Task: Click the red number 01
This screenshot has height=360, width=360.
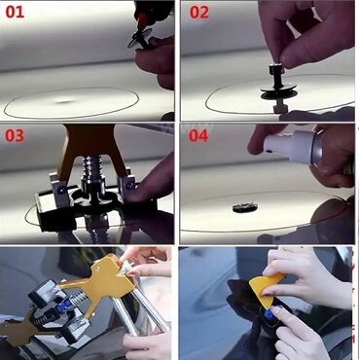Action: [x=15, y=12]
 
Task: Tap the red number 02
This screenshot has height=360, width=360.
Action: [x=199, y=13]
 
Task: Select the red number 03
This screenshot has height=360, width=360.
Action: [x=15, y=135]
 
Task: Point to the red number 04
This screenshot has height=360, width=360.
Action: [x=198, y=135]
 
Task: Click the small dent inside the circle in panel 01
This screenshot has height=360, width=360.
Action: [x=65, y=101]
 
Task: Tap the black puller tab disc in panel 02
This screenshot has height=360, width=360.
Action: [x=278, y=91]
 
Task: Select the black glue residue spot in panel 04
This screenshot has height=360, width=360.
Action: [x=245, y=207]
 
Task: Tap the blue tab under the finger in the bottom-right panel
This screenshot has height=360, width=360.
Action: [x=270, y=314]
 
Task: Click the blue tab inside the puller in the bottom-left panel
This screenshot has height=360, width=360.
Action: [x=64, y=305]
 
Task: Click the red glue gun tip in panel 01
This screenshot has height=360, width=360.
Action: [x=141, y=21]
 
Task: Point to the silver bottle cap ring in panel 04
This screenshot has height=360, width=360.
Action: [x=317, y=146]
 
